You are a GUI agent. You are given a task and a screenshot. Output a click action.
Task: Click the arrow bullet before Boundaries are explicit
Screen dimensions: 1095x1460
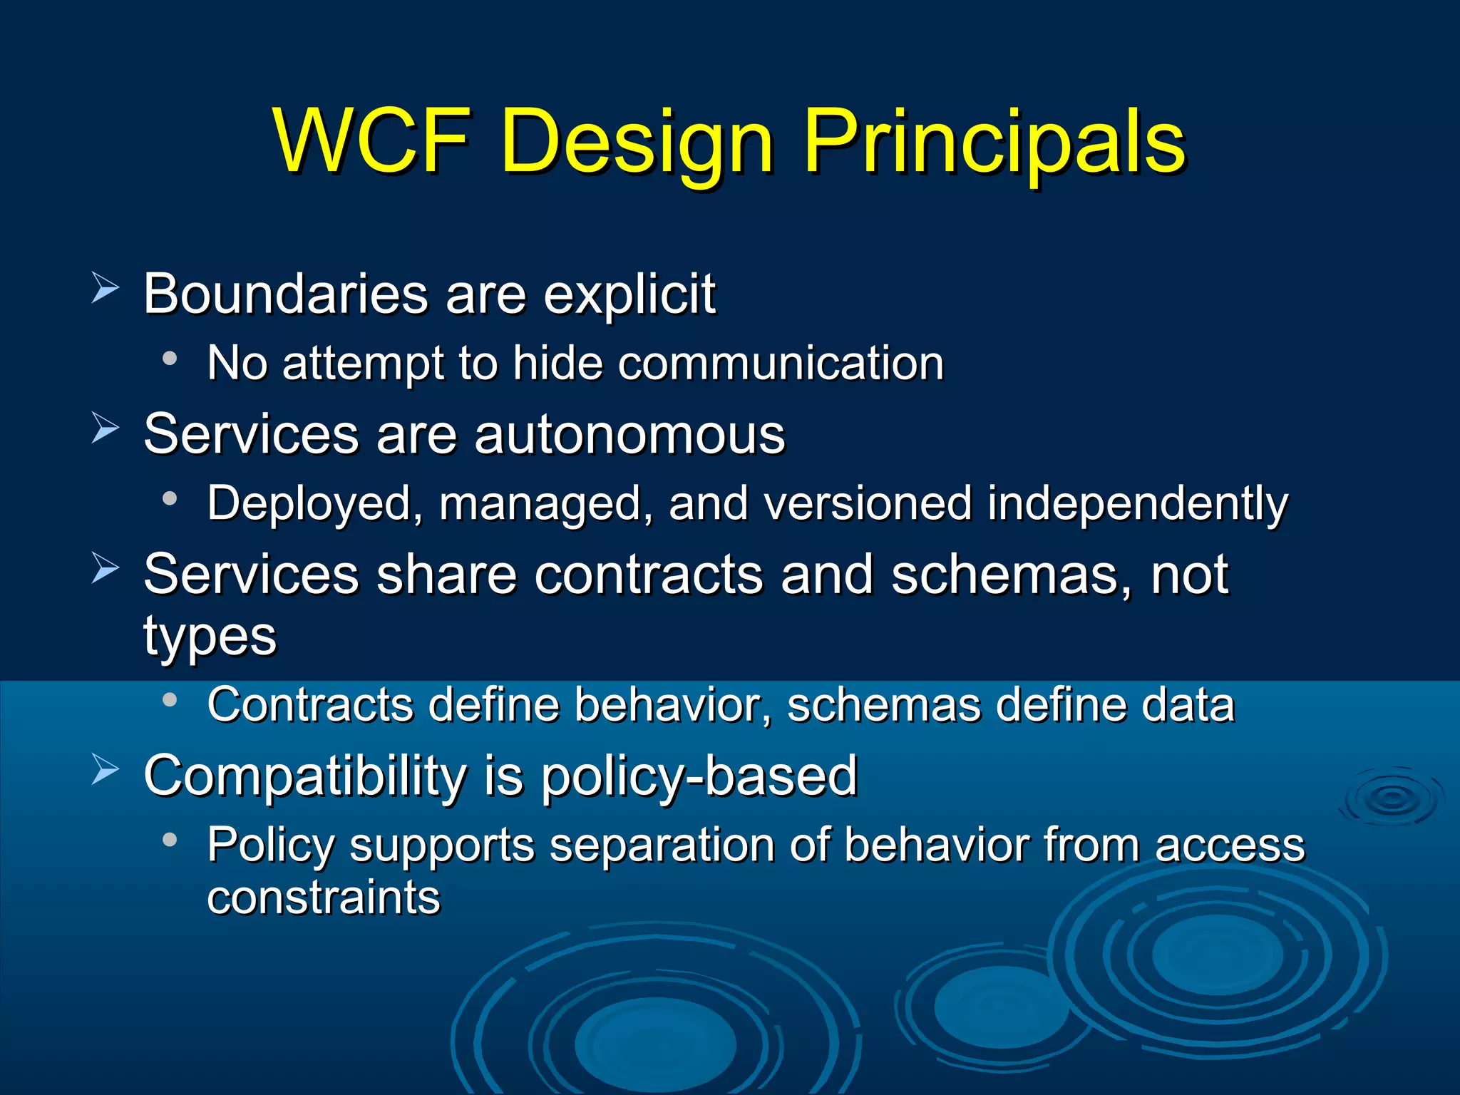[106, 288]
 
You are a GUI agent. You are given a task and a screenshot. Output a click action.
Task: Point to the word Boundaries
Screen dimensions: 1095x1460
[285, 294]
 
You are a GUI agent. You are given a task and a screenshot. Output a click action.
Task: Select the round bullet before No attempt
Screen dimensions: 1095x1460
[170, 359]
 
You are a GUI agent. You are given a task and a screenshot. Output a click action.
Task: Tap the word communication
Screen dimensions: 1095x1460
[780, 364]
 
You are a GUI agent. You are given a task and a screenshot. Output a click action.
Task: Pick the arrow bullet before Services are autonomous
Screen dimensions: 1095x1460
[106, 428]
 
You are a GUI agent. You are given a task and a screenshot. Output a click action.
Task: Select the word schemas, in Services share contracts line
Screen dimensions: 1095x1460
[1011, 575]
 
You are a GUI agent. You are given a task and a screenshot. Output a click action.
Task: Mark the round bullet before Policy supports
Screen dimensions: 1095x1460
[170, 840]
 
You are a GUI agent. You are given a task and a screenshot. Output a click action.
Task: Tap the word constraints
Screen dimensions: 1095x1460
[324, 898]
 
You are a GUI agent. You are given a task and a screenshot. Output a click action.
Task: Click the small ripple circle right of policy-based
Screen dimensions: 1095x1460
[1391, 798]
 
